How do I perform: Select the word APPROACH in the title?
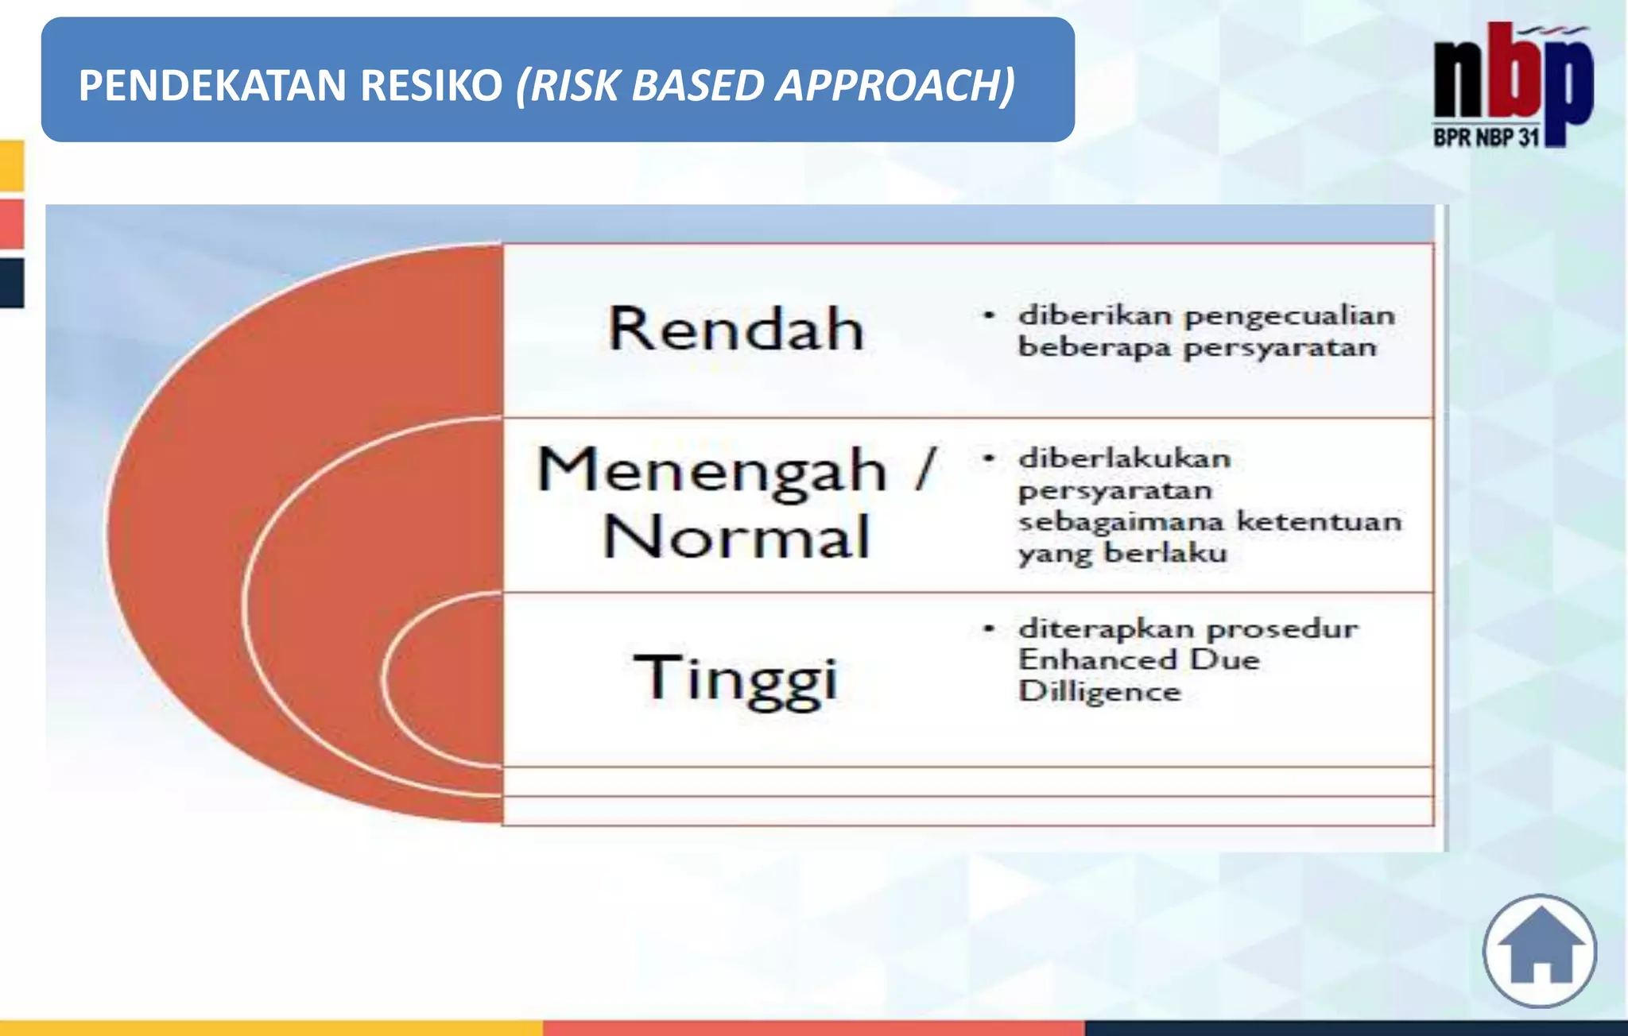click(895, 86)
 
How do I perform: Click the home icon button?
click(1540, 951)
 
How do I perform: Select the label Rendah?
click(736, 329)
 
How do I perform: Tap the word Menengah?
click(712, 470)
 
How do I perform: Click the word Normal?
click(736, 538)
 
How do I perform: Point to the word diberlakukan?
click(1124, 458)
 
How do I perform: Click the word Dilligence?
click(1099, 691)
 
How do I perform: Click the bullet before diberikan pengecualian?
click(989, 316)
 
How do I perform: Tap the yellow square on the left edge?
click(12, 165)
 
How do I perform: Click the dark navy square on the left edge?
click(12, 282)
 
